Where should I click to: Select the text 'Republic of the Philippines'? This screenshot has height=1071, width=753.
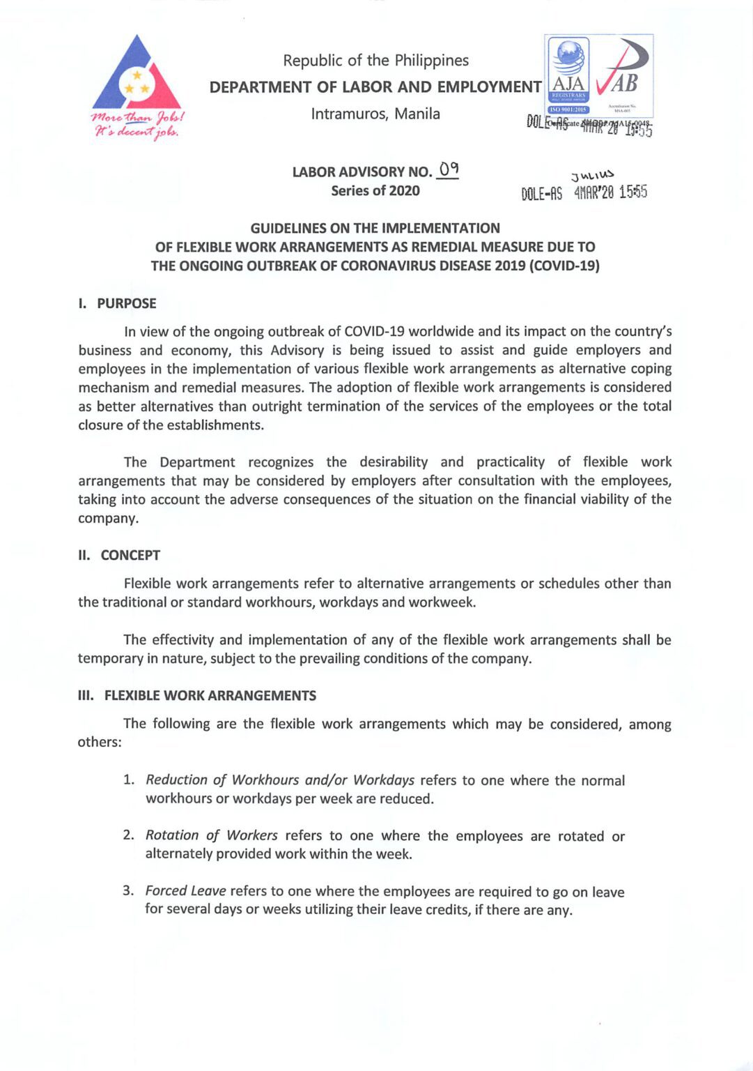pos(375,61)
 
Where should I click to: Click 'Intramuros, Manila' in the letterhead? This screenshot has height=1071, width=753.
pos(375,114)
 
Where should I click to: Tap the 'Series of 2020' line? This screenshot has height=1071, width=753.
pos(375,191)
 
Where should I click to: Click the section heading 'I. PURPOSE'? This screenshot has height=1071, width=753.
pos(117,303)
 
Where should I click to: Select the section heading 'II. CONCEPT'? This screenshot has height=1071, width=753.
pos(119,555)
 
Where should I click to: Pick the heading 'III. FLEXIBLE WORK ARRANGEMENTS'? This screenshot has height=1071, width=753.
pos(197,695)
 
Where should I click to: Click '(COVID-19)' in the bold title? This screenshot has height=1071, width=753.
pos(565,266)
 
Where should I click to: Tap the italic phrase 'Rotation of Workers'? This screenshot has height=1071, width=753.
pos(212,835)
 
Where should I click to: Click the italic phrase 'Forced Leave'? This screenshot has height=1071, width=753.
pos(185,891)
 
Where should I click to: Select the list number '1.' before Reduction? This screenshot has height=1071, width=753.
pos(129,780)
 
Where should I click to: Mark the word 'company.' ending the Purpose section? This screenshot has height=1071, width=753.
pos(108,518)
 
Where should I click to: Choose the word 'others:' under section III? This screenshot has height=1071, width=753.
pos(100,742)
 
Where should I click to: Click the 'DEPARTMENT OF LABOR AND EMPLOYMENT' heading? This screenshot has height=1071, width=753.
pos(375,87)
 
